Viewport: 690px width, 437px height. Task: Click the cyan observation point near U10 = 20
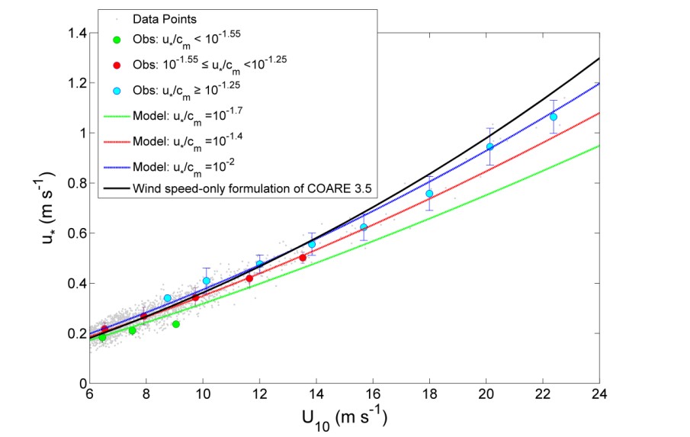click(x=490, y=147)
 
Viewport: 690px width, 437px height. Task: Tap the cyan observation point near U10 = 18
click(x=429, y=194)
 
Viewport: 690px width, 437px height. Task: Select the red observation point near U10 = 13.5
click(x=303, y=258)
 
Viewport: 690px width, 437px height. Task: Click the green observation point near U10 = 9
click(x=176, y=324)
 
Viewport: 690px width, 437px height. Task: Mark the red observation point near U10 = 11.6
click(x=249, y=278)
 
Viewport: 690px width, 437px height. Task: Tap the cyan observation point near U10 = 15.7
click(x=364, y=227)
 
